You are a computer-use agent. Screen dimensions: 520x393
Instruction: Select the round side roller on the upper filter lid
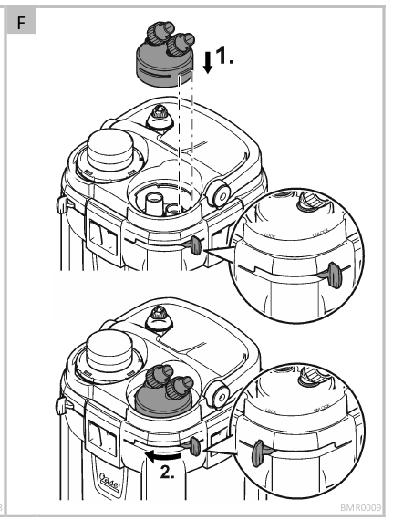(x=218, y=190)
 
